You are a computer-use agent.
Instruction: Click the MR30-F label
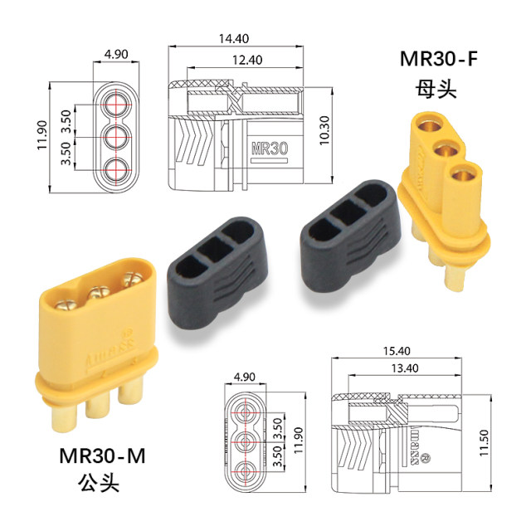tap(440, 60)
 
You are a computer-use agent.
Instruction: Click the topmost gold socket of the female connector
tap(431, 127)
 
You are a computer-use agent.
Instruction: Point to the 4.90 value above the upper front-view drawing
tap(115, 56)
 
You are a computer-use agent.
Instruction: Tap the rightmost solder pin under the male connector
tap(129, 389)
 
